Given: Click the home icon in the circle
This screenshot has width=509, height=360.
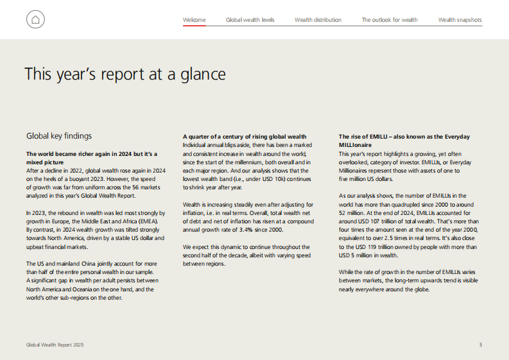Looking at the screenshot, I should pyautogui.click(x=36, y=20).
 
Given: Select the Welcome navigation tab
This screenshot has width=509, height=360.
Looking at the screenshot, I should pyautogui.click(x=194, y=20).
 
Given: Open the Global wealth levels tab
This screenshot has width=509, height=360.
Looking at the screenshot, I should pyautogui.click(x=250, y=20).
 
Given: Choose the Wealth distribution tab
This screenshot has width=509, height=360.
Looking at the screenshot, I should pyautogui.click(x=318, y=20).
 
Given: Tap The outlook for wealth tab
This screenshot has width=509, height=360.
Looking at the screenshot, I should pyautogui.click(x=390, y=20).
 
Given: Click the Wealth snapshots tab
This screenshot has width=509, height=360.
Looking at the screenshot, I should pyautogui.click(x=460, y=20).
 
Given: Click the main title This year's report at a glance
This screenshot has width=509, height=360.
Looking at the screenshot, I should pyautogui.click(x=125, y=74).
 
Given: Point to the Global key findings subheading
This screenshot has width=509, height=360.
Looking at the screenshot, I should pyautogui.click(x=58, y=136).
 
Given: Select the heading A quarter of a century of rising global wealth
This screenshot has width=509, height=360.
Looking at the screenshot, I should pyautogui.click(x=244, y=137).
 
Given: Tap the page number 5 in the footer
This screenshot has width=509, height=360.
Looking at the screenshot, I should pyautogui.click(x=480, y=345).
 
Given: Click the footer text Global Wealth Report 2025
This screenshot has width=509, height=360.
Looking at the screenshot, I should pyautogui.click(x=55, y=345).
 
